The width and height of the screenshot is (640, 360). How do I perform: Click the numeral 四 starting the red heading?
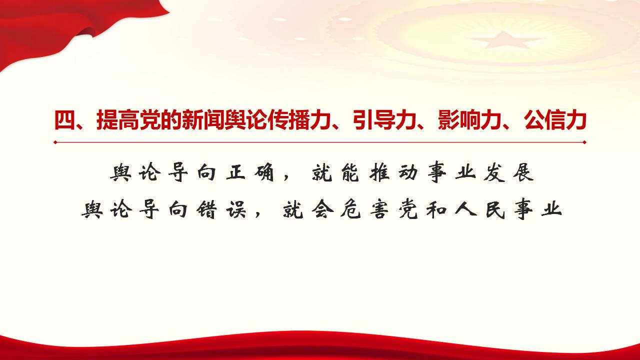[x=63, y=120]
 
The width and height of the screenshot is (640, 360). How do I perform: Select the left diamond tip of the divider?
[x=55, y=142]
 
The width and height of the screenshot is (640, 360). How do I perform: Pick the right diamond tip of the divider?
[x=584, y=142]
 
